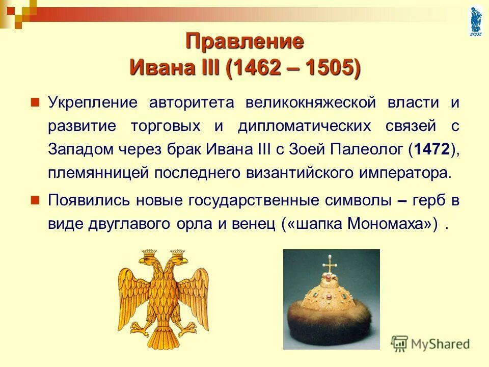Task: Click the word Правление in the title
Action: (244, 41)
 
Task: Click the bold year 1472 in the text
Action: (432, 150)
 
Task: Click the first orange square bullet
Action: (35, 101)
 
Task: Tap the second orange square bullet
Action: (35, 199)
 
